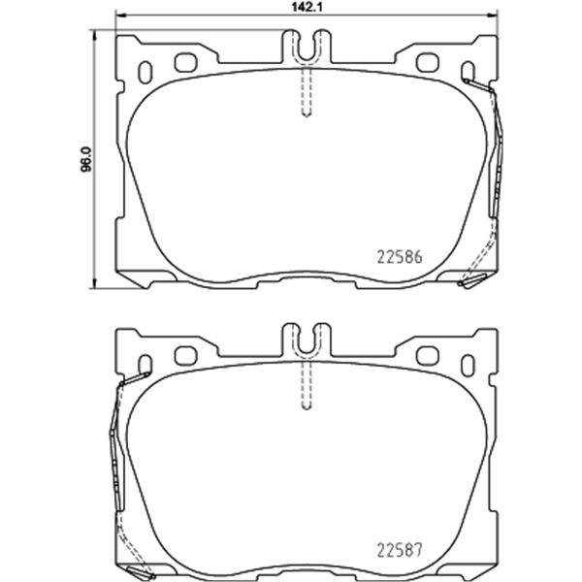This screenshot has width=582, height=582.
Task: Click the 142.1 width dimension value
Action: pos(307,8)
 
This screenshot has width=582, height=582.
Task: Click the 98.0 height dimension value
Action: pos(86,160)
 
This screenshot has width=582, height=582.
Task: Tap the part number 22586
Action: pos(400,257)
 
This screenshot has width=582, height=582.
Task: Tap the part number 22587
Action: pos(400,550)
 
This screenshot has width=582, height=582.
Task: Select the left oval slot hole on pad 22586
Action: pos(145,73)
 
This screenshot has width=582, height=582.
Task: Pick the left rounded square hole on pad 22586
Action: pos(186,63)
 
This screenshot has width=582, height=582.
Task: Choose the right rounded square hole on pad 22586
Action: pos(428,63)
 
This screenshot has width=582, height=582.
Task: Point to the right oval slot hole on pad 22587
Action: pos(468,366)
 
